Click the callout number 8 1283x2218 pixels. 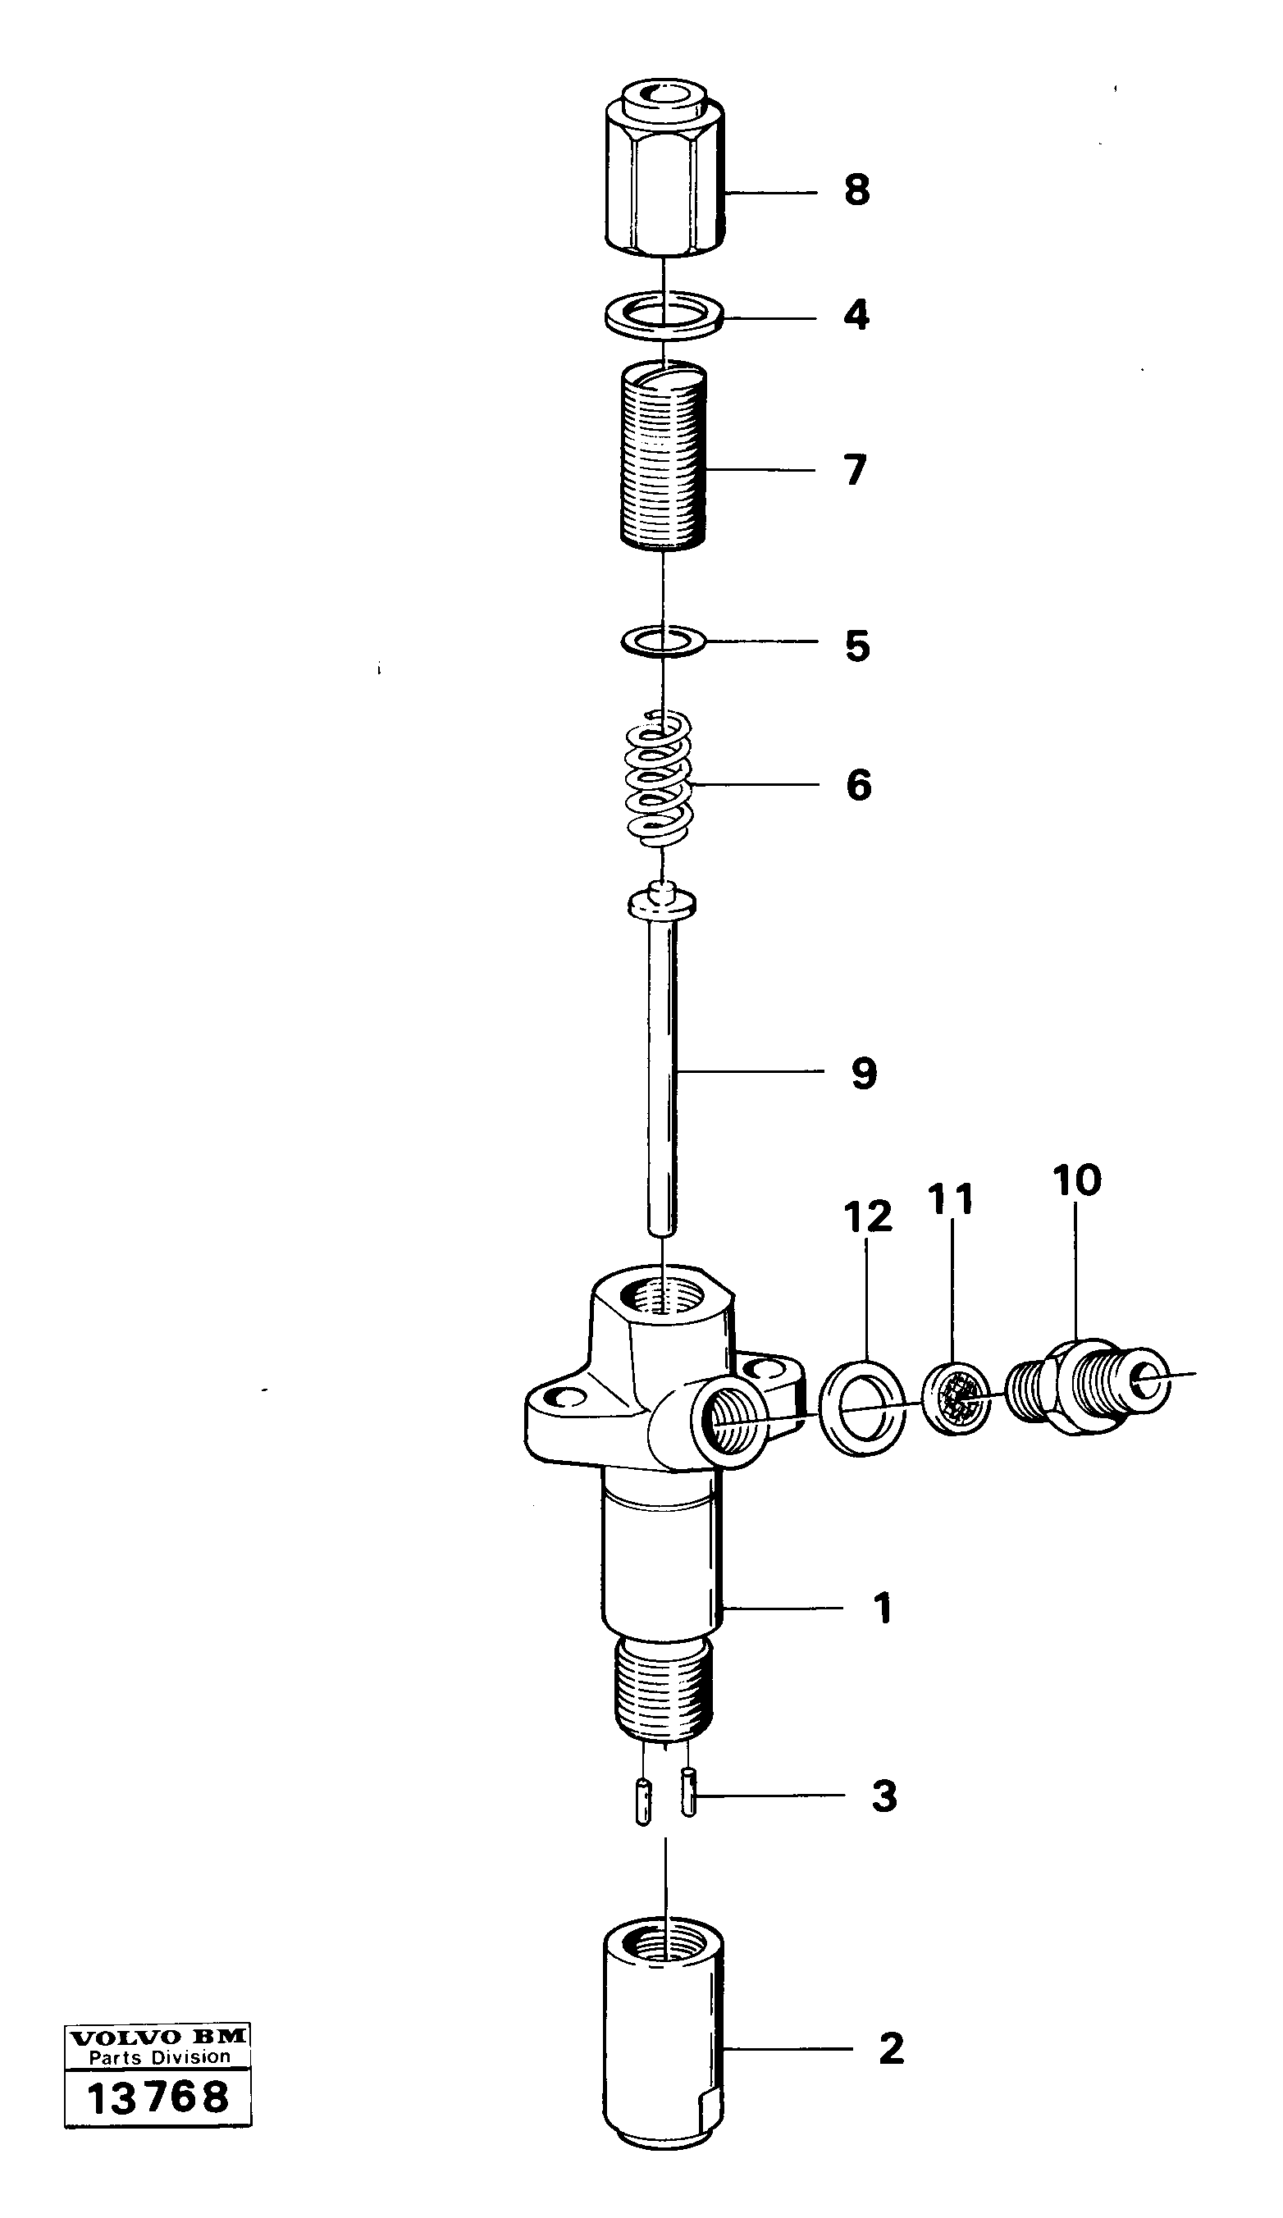click(x=856, y=189)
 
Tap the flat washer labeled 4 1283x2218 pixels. click(x=664, y=313)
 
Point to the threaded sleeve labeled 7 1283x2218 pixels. click(x=664, y=458)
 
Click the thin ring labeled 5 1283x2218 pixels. click(x=663, y=641)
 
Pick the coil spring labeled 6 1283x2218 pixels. click(x=660, y=779)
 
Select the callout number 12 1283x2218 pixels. click(x=867, y=1216)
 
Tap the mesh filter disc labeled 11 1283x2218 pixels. click(x=956, y=1398)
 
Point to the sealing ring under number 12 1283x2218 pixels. click(x=861, y=1408)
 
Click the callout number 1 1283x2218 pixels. click(x=883, y=1608)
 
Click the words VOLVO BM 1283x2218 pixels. click(x=158, y=2037)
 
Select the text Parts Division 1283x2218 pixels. click(x=158, y=2058)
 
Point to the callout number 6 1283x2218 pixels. click(x=858, y=784)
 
